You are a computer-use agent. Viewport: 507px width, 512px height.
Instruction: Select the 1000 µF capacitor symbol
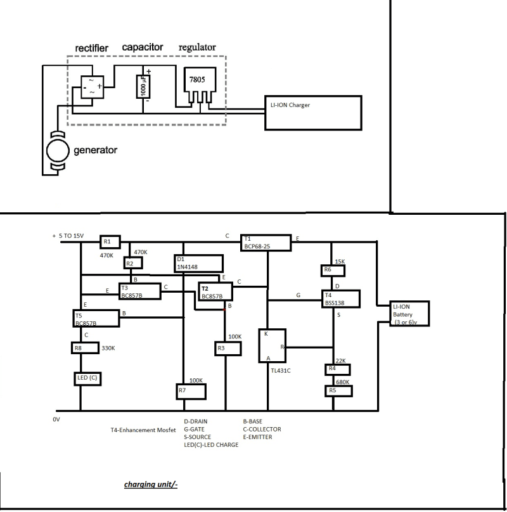point(143,87)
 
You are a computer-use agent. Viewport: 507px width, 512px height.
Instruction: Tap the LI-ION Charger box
point(313,113)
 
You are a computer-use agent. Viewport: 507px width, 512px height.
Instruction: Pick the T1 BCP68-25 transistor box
point(265,241)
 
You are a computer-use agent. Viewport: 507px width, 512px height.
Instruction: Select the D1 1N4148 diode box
point(198,263)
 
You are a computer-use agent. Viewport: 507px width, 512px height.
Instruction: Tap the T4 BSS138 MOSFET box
point(342,298)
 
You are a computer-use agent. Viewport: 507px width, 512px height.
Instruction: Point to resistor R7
point(192,391)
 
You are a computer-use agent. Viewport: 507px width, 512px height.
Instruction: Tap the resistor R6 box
point(333,271)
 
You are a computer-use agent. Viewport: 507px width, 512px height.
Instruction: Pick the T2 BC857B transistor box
point(215,292)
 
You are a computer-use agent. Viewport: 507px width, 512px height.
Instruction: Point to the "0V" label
point(56,419)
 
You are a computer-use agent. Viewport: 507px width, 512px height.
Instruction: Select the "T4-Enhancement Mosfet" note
point(142,429)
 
